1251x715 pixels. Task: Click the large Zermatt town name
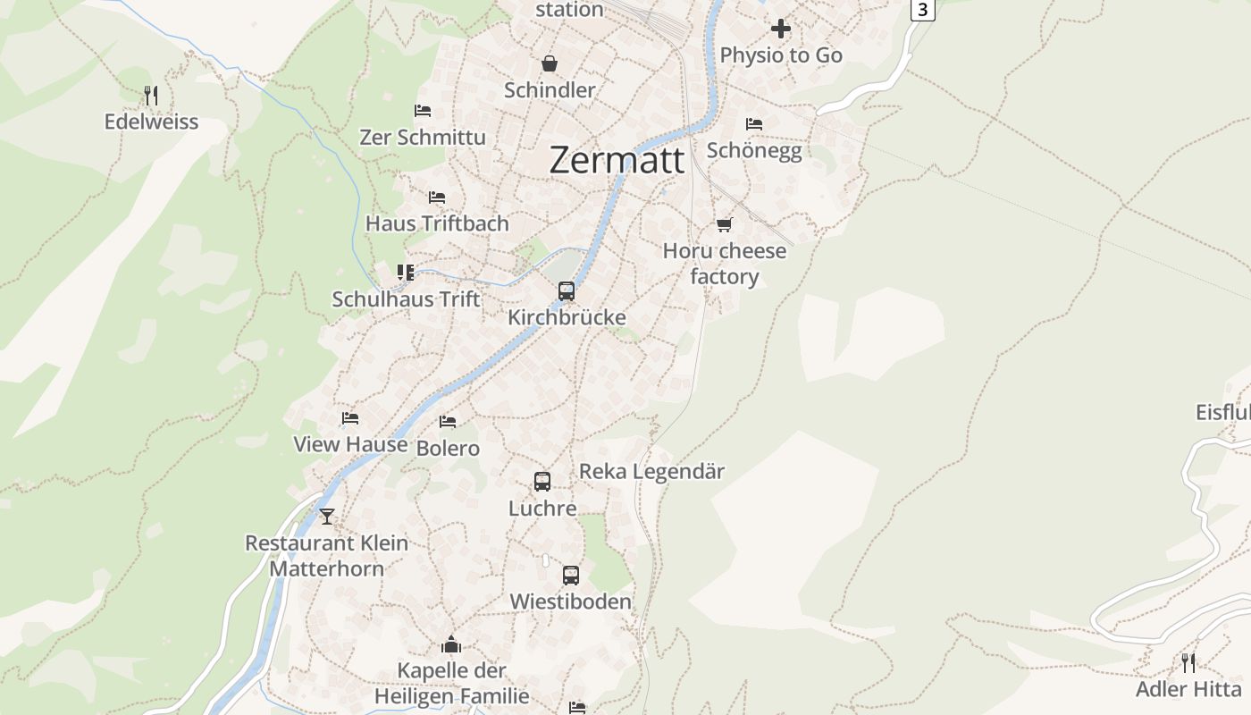617,160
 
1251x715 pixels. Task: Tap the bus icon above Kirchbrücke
567,290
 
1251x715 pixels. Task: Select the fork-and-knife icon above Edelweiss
151,95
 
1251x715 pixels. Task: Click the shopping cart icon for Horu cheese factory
724,224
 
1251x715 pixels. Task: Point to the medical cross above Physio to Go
781,29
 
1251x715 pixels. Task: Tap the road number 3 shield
922,10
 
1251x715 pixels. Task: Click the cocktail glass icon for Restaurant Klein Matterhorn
327,516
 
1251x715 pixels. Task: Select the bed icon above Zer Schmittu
423,111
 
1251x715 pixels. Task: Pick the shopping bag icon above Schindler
550,63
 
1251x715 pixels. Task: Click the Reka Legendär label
651,471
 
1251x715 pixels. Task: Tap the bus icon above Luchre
542,482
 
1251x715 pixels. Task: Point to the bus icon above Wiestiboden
571,576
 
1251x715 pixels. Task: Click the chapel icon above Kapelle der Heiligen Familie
451,644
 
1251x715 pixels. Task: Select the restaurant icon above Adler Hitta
1188,662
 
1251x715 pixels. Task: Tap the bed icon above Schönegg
754,123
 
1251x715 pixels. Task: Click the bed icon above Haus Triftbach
437,198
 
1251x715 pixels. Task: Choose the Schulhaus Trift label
406,299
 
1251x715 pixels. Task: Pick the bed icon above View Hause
350,417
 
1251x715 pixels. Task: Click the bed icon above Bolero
448,421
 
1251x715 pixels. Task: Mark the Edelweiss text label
151,122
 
